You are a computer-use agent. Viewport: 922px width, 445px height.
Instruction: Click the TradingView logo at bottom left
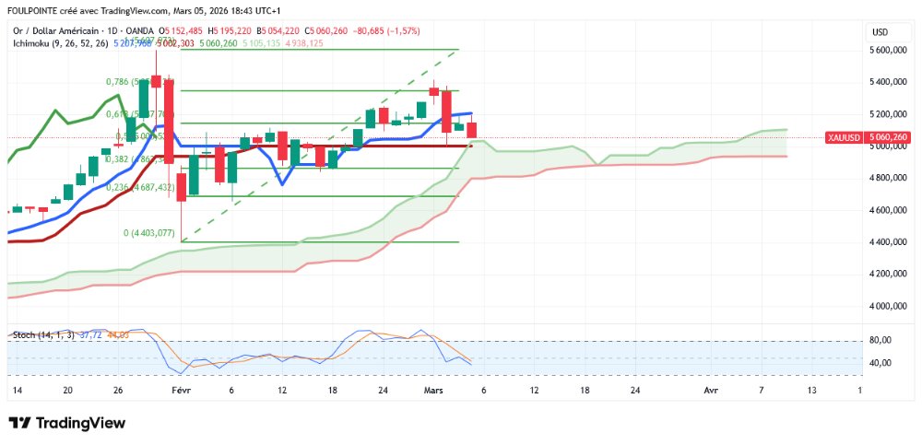[x=66, y=423]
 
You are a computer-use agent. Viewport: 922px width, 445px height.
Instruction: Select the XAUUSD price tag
[x=843, y=138]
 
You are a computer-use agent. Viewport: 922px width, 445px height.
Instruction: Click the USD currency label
[x=880, y=32]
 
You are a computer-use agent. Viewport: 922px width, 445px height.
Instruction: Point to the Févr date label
[x=182, y=390]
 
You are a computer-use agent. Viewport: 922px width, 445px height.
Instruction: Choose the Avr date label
[x=710, y=390]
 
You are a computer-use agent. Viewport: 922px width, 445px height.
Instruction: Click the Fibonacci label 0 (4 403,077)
[x=149, y=233]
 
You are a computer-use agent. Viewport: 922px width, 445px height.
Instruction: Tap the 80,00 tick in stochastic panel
[x=881, y=341]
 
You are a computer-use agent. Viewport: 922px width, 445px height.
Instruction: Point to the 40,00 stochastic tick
[x=881, y=363]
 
